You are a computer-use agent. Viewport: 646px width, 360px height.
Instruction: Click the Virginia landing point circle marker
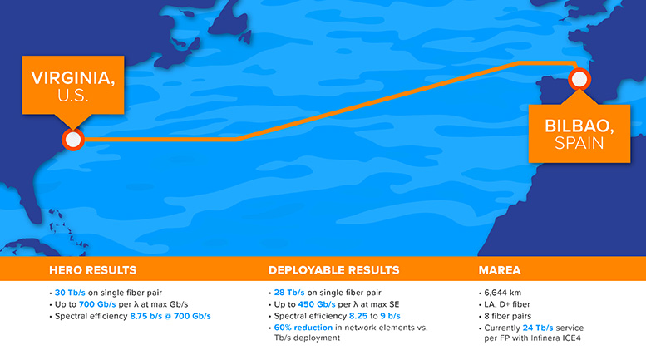tap(72, 140)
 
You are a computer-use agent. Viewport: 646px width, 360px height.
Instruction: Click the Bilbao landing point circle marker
tap(578, 80)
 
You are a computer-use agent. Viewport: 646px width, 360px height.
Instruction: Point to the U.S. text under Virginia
tap(74, 96)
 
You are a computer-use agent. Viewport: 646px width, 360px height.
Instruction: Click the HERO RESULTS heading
tap(92, 270)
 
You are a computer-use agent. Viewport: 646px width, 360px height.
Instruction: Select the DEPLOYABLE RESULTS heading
tap(333, 270)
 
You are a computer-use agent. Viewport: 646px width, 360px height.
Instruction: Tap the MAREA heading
tap(501, 270)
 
